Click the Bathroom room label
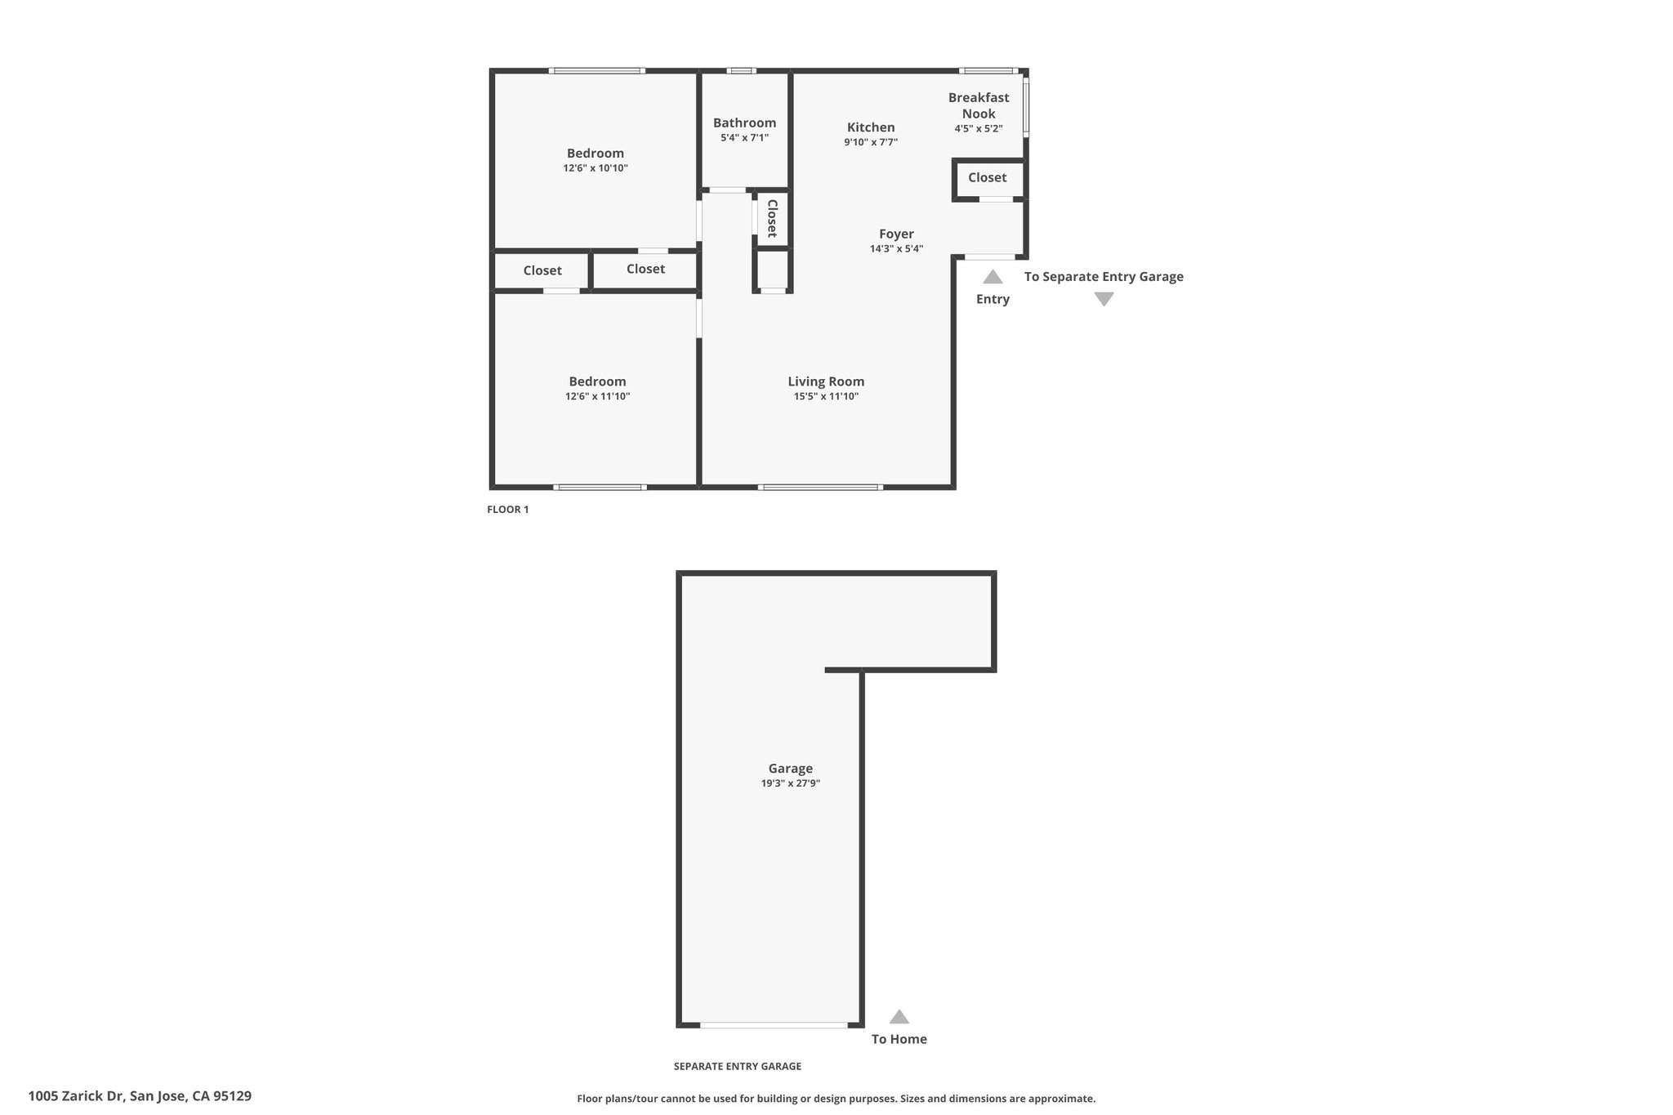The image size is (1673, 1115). pyautogui.click(x=744, y=123)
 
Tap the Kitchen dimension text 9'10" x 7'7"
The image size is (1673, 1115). pyautogui.click(x=871, y=142)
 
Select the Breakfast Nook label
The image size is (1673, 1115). pyautogui.click(x=979, y=105)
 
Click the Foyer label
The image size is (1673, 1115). pyautogui.click(x=896, y=234)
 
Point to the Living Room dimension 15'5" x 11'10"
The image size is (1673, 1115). pyautogui.click(x=826, y=397)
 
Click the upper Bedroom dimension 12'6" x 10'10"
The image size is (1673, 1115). pyautogui.click(x=596, y=168)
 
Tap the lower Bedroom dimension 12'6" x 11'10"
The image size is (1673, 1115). pyautogui.click(x=597, y=397)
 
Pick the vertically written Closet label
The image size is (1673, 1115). pyautogui.click(x=772, y=218)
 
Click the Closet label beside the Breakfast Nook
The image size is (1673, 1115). pyautogui.click(x=987, y=177)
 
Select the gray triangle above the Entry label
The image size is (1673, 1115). pyautogui.click(x=993, y=277)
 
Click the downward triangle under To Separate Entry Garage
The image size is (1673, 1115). pyautogui.click(x=1104, y=300)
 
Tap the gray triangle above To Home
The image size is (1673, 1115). pyautogui.click(x=899, y=1016)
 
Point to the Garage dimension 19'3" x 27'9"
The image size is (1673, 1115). pyautogui.click(x=791, y=783)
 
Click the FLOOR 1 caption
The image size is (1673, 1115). pyautogui.click(x=508, y=510)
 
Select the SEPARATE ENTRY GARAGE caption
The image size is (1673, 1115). pyautogui.click(x=738, y=1066)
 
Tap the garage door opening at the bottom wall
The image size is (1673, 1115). pyautogui.click(x=774, y=1025)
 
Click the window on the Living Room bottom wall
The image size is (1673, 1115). pyautogui.click(x=820, y=488)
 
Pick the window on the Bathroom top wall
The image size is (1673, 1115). pyautogui.click(x=741, y=71)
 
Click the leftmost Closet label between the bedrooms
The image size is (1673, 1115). pyautogui.click(x=542, y=270)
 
